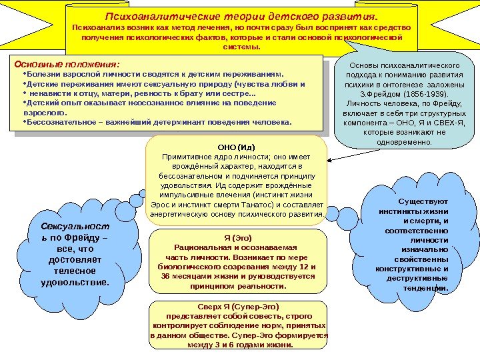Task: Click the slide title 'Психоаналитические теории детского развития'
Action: [242, 15]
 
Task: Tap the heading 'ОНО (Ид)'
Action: [237, 146]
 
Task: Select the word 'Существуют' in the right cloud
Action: [423, 201]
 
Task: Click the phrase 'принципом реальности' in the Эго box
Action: [238, 285]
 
